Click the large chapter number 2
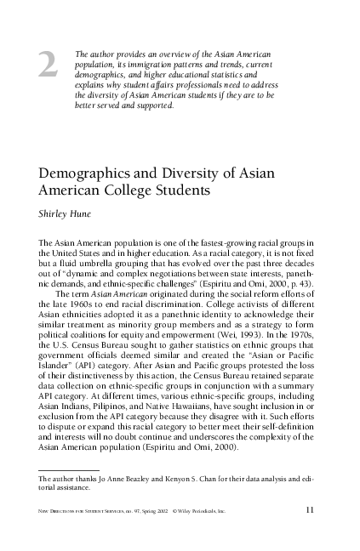(x=49, y=67)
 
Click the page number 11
(x=311, y=510)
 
